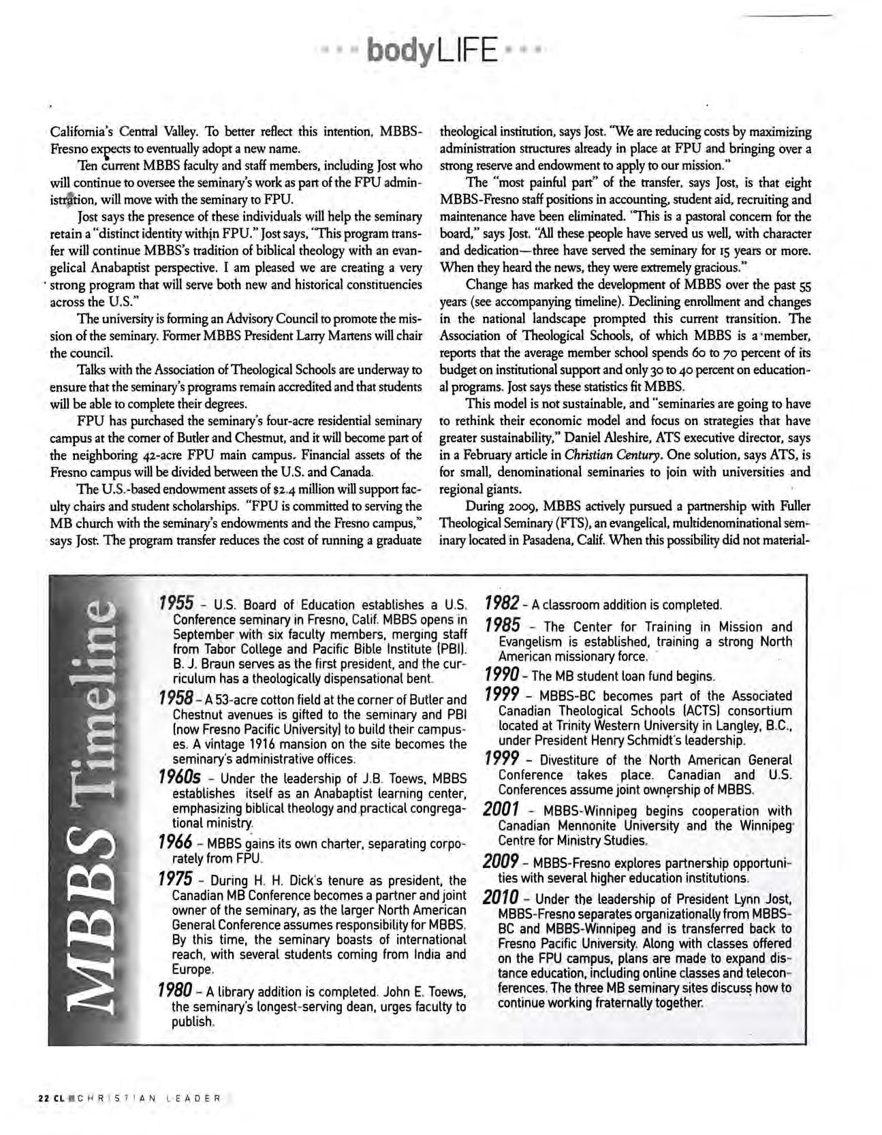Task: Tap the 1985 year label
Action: (x=503, y=625)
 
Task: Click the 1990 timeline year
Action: (x=503, y=675)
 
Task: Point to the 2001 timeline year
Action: (x=502, y=809)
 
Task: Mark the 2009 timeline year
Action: (x=502, y=861)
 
